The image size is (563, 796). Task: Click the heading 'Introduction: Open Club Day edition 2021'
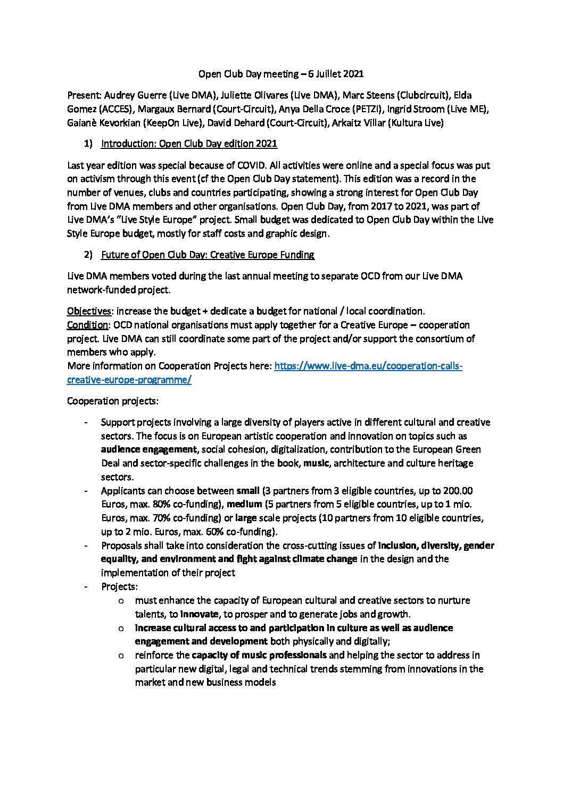tap(189, 144)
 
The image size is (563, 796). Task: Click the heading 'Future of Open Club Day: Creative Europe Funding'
tap(208, 255)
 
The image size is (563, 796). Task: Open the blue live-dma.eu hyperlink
tap(368, 366)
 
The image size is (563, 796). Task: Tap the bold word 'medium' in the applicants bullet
tap(245, 504)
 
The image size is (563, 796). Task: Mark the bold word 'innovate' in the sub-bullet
tap(200, 614)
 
